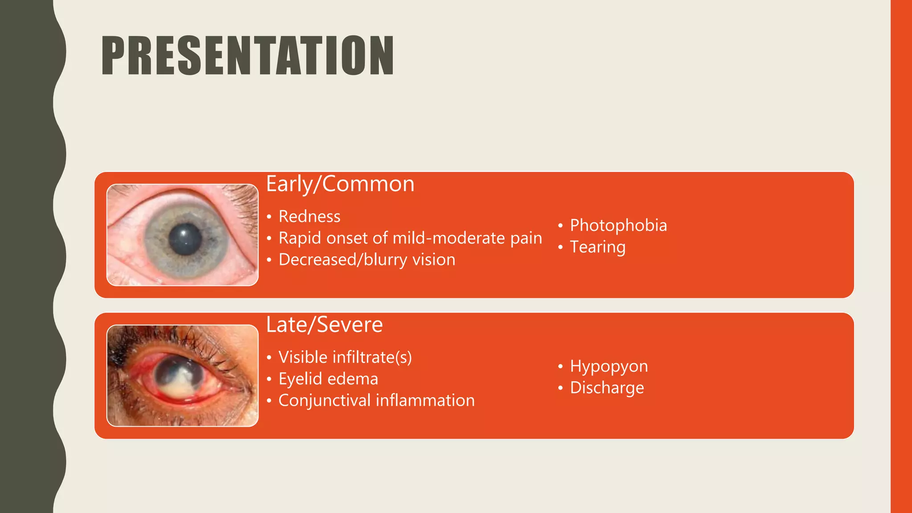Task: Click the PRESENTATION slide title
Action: (248, 56)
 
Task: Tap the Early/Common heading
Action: (340, 184)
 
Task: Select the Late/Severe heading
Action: (324, 325)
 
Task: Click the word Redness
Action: (309, 216)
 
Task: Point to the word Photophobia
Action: (618, 225)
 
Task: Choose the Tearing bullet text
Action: (598, 247)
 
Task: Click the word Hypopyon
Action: (609, 366)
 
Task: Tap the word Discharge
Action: (607, 388)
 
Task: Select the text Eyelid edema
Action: (328, 379)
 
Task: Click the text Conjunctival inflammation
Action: (376, 400)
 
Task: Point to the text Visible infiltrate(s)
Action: (345, 357)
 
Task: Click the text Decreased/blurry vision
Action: (367, 260)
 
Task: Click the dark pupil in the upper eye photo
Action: (185, 239)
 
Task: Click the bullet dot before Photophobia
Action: (560, 226)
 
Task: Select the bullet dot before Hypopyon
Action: (560, 367)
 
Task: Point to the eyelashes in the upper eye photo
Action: (243, 200)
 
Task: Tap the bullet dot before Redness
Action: (269, 217)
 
